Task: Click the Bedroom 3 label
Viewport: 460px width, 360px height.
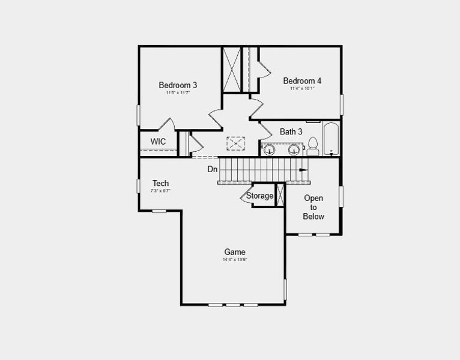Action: point(178,85)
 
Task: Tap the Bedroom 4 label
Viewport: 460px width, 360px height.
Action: point(302,81)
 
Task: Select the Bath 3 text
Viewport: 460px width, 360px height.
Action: point(291,131)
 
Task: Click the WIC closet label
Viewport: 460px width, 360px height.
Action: point(158,142)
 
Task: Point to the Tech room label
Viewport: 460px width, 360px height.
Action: point(160,184)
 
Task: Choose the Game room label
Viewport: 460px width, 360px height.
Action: point(235,252)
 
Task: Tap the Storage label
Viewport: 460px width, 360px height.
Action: point(259,196)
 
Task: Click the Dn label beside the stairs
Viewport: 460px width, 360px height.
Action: point(213,169)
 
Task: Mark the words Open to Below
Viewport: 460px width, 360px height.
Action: point(313,207)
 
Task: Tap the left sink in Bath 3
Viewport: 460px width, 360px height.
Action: point(270,149)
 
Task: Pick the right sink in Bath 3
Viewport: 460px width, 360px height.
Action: point(294,149)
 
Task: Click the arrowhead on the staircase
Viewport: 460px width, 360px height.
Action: point(304,170)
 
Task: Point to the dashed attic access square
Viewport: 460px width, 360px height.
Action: point(236,144)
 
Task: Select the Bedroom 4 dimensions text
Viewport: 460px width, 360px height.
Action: point(302,89)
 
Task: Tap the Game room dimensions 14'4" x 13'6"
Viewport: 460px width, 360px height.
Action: point(235,260)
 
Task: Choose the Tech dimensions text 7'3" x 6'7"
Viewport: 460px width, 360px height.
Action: point(160,191)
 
